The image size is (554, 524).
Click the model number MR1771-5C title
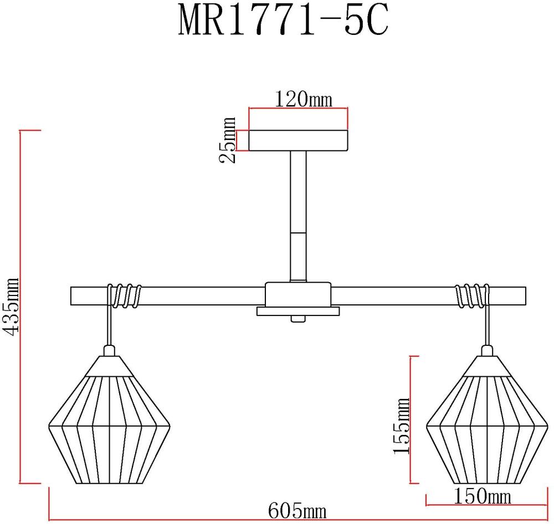click(283, 20)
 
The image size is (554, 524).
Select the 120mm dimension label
click(303, 99)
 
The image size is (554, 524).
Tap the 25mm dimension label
click(227, 140)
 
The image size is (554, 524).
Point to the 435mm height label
click(11, 307)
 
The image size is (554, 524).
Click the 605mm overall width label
click(297, 511)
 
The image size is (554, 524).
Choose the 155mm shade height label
click(401, 426)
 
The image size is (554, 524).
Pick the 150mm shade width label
click(483, 496)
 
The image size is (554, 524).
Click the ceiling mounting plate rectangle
click(298, 141)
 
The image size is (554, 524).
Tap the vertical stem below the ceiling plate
click(298, 216)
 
